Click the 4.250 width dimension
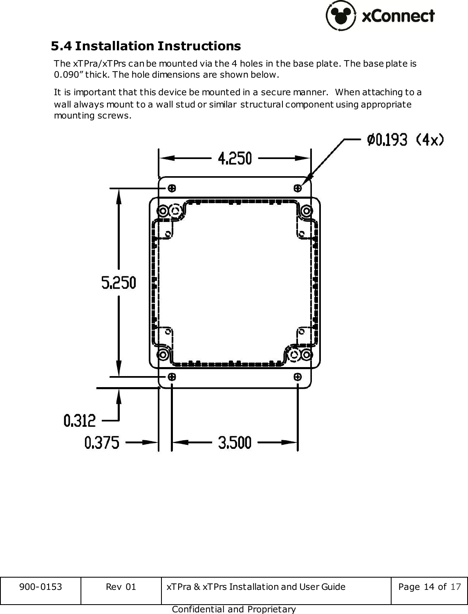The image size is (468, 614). point(235,158)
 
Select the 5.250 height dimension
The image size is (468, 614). point(119,282)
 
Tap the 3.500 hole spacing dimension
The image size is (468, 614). point(235,442)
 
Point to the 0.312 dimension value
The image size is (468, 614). point(80,420)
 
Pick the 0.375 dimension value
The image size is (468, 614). point(102,442)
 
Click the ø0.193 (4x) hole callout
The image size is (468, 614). point(405,140)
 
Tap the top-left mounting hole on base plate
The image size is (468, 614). point(172,188)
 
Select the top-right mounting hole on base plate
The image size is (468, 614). point(298,188)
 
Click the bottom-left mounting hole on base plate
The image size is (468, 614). point(172,376)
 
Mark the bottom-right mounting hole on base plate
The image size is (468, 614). point(298,376)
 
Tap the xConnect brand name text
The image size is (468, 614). point(399,16)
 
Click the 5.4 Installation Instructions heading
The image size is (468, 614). point(146,46)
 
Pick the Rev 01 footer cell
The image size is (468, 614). point(121,587)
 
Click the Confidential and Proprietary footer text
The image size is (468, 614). point(234,609)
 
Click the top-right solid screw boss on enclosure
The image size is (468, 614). point(306,211)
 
